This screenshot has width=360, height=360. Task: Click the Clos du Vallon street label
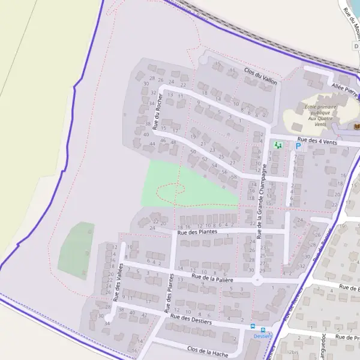click(260, 76)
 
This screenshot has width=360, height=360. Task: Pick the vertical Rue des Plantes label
click(170, 294)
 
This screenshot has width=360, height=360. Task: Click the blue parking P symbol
click(298, 146)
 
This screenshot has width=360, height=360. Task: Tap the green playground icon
click(277, 145)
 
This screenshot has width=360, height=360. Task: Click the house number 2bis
click(293, 353)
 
